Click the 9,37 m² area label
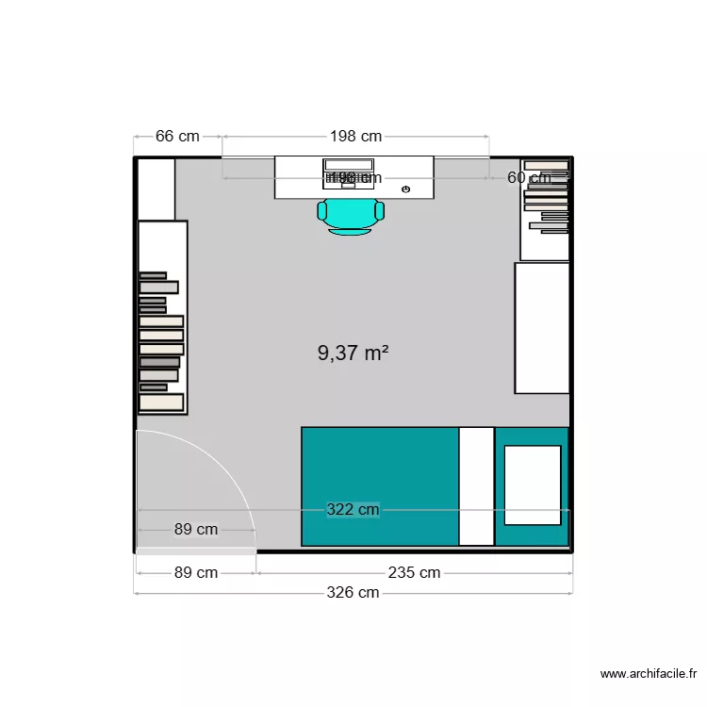(353, 353)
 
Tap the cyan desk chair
(351, 215)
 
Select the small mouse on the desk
(406, 189)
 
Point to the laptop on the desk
(349, 173)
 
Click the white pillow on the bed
(533, 485)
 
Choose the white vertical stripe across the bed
(476, 486)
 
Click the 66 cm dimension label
(177, 136)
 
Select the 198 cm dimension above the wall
(355, 136)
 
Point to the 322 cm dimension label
(353, 510)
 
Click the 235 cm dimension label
(414, 572)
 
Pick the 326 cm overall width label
(353, 592)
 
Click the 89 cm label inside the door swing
(196, 529)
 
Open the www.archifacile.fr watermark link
(649, 673)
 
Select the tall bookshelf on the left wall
(162, 317)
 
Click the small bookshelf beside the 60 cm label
(546, 209)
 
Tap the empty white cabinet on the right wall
(542, 327)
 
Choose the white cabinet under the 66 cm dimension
(156, 189)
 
